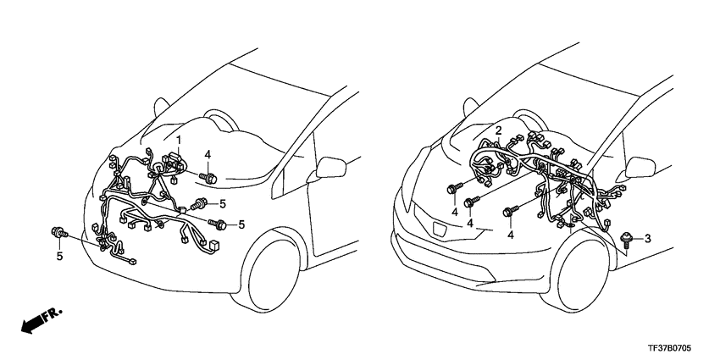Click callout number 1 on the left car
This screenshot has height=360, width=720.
(179, 138)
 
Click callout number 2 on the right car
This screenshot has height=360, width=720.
(499, 130)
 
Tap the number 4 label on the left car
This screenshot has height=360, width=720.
(208, 154)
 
